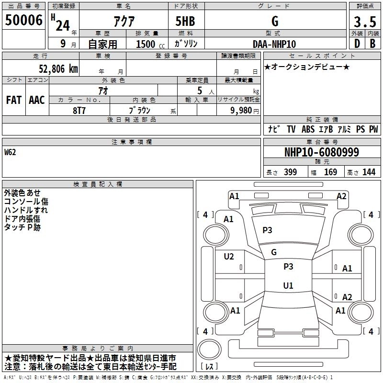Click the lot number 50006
tap(23, 21)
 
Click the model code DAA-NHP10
tap(274, 44)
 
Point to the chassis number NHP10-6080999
tap(321, 152)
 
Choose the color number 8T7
tap(79, 110)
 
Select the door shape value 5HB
tap(186, 22)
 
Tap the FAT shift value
tap(14, 100)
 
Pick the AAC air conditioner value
tap(37, 100)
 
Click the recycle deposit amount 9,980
tap(241, 110)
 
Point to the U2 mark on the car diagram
tap(229, 257)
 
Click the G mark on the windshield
tap(274, 252)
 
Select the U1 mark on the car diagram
tap(288, 285)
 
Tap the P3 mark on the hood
tap(267, 230)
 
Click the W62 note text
tap(11, 153)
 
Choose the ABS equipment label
tap(308, 129)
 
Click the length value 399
tap(290, 172)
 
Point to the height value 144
tap(369, 172)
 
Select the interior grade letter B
tap(372, 44)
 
